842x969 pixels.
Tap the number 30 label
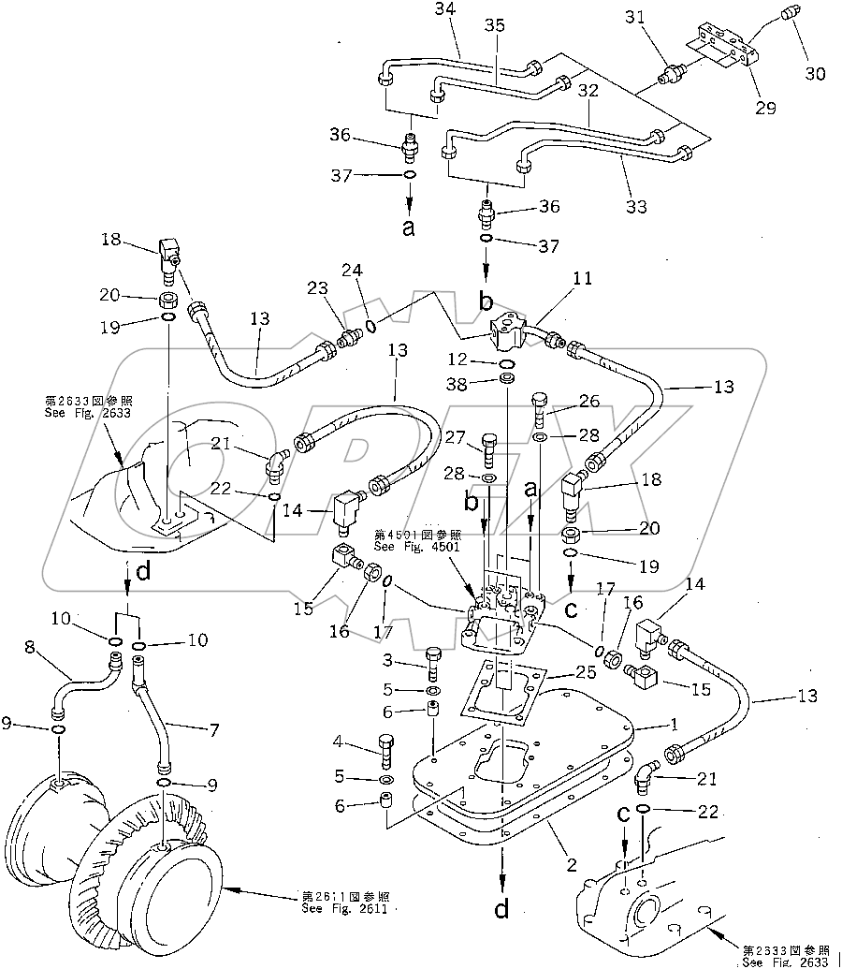(815, 74)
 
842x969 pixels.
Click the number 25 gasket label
(586, 672)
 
